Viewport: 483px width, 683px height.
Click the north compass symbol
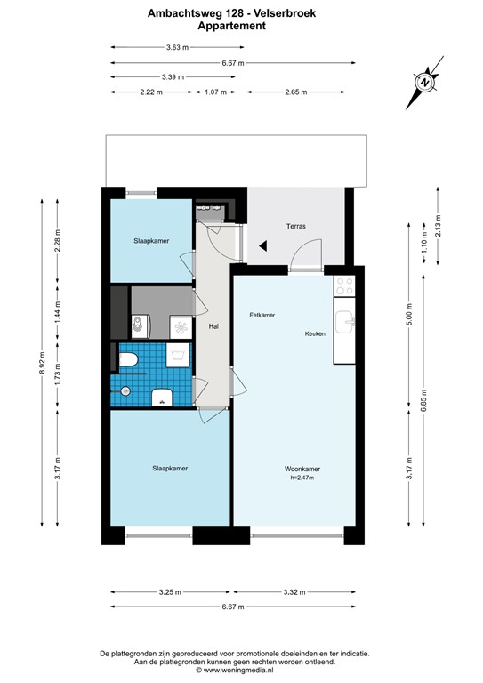(425, 83)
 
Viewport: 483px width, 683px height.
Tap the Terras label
(295, 226)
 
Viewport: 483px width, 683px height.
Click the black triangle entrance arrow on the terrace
(262, 246)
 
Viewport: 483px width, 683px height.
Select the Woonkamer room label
(302, 470)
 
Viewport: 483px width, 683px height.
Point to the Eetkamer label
(262, 315)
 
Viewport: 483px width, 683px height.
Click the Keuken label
(315, 333)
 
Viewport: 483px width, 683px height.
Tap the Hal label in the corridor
(213, 326)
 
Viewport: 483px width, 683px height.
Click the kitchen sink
(344, 322)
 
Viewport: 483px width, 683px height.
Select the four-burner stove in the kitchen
(344, 286)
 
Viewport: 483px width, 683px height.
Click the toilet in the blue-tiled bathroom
(128, 360)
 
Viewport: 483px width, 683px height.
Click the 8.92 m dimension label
(42, 363)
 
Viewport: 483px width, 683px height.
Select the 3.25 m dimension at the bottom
(170, 592)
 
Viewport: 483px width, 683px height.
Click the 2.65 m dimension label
(296, 92)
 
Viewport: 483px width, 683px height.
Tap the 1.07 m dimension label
(215, 92)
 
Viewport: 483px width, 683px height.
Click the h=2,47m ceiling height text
(302, 478)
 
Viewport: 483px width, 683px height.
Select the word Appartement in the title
(231, 26)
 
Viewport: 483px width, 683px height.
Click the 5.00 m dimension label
(409, 314)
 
